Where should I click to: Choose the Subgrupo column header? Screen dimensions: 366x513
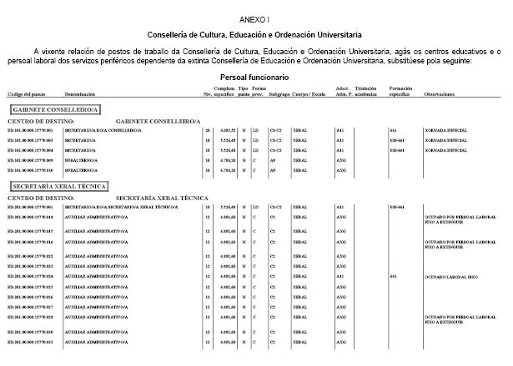[279, 95]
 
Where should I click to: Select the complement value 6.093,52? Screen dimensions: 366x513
[225, 131]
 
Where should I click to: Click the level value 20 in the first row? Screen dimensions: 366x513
[207, 131]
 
